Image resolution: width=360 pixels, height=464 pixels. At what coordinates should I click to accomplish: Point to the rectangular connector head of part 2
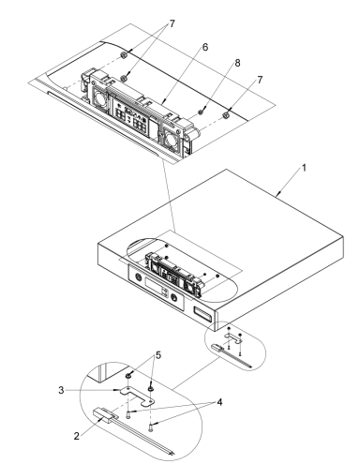coord(108,413)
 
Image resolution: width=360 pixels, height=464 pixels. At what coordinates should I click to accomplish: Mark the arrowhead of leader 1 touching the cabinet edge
coord(277,193)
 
